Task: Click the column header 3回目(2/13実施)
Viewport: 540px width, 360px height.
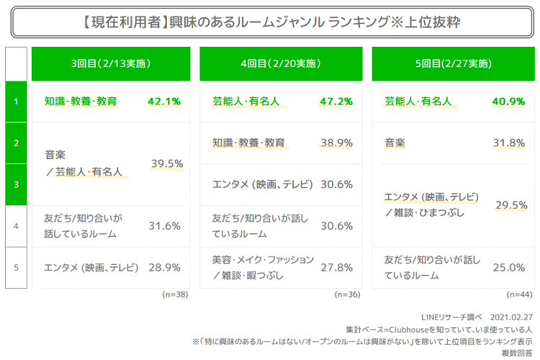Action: [111, 64]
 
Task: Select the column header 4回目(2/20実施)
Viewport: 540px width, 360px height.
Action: [281, 64]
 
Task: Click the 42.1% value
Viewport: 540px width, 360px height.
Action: [163, 102]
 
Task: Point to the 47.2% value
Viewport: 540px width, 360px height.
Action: [336, 102]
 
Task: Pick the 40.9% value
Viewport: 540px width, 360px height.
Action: [508, 102]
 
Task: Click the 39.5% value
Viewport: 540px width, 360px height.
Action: [167, 164]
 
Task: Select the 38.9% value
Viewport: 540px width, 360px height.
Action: [336, 143]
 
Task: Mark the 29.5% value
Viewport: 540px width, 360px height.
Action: [510, 205]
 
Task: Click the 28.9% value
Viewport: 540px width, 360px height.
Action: [163, 267]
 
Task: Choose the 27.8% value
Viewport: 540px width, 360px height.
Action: [336, 267]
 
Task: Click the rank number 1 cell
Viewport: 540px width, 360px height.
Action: [16, 102]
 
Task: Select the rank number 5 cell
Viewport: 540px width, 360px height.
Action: [16, 267]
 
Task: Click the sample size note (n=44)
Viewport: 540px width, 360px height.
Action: [519, 294]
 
